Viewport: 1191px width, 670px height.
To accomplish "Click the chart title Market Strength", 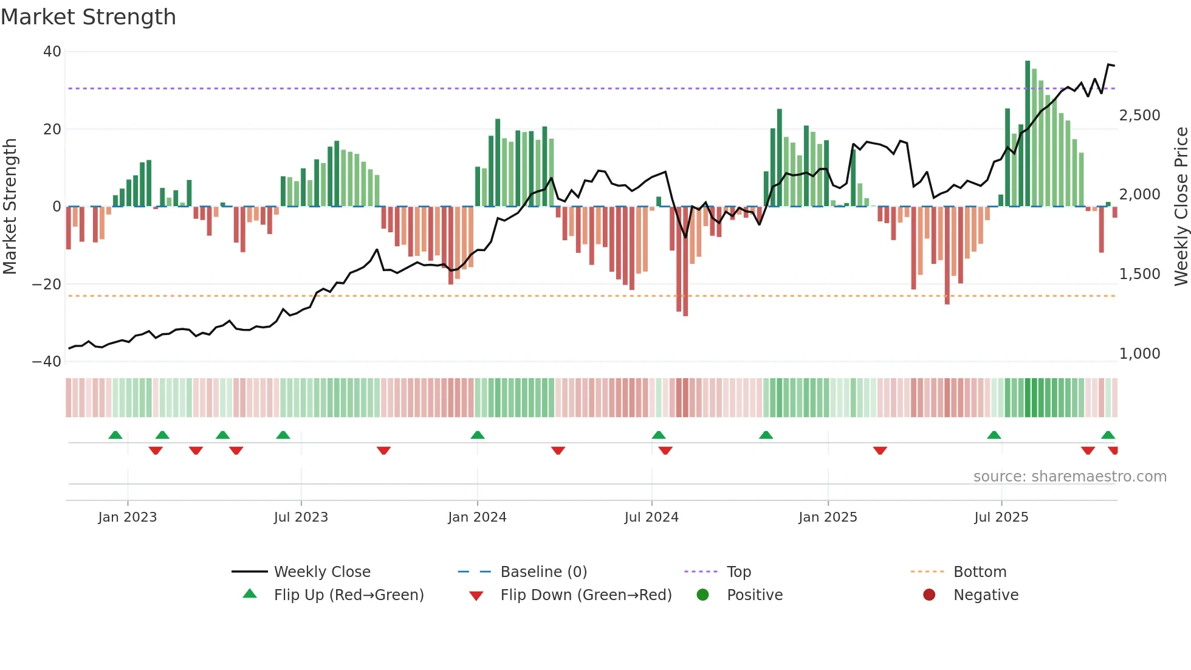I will [88, 17].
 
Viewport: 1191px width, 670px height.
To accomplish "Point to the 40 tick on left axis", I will [52, 52].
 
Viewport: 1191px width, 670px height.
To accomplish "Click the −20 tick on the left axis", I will [47, 284].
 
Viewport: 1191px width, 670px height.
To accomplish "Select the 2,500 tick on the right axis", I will [1139, 116].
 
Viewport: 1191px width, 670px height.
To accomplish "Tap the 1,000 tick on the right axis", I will [1139, 354].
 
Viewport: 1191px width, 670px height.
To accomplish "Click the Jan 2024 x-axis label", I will [477, 517].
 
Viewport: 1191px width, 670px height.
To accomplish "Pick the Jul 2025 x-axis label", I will [1001, 517].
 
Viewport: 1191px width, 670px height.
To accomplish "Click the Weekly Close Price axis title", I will [1181, 206].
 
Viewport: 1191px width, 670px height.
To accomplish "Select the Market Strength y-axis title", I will [10, 206].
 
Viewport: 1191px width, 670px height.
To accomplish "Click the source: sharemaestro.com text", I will [1069, 477].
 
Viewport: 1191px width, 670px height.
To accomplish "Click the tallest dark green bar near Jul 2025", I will [1028, 134].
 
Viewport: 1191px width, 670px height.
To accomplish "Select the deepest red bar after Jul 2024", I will [685, 261].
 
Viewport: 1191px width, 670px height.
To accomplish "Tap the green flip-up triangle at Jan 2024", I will [478, 435].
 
